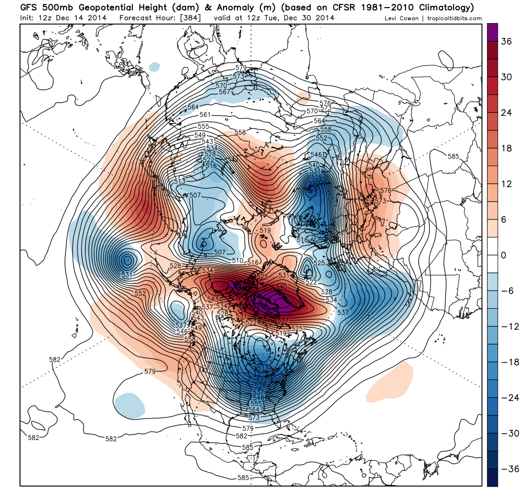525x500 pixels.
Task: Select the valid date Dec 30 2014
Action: [x=309, y=18]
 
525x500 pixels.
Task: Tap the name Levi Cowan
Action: [x=403, y=18]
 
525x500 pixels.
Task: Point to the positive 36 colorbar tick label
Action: [x=506, y=42]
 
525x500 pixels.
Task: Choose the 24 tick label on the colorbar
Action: [x=506, y=113]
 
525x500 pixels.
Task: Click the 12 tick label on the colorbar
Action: [x=506, y=184]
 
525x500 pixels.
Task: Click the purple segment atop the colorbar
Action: [x=493, y=32]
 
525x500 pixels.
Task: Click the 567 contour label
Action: [x=225, y=92]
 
